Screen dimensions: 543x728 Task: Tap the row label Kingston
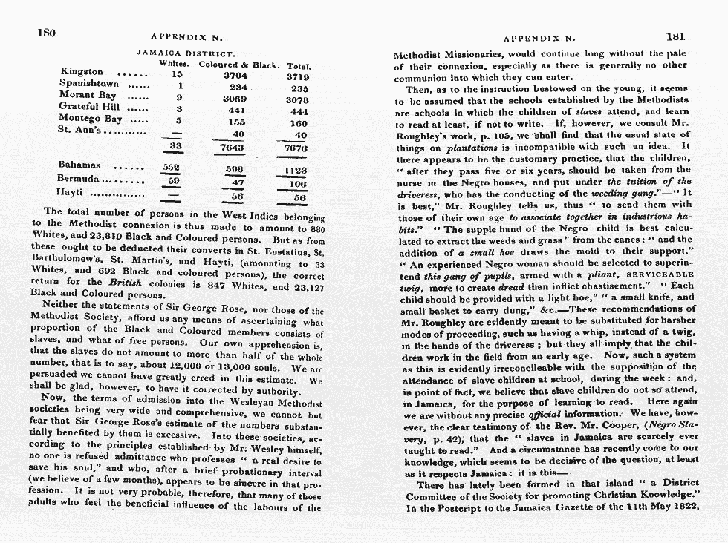tap(81, 73)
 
